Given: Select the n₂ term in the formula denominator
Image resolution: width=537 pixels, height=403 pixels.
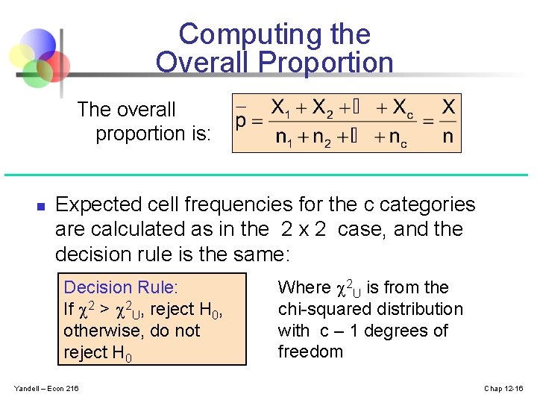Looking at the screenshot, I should tap(321, 139).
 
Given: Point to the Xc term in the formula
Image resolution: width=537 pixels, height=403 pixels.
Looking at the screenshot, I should tap(400, 108).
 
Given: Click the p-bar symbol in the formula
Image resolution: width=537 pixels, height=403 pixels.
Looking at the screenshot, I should tap(241, 122).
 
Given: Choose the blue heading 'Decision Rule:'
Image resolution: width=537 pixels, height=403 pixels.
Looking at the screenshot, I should tap(121, 287).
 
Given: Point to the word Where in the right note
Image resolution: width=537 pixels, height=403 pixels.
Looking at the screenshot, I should tap(304, 287).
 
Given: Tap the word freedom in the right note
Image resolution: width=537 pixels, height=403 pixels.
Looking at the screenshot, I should tap(310, 352).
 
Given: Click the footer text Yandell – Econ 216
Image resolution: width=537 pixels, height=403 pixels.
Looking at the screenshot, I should tap(46, 388).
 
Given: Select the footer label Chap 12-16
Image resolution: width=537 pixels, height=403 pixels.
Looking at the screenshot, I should tap(505, 388).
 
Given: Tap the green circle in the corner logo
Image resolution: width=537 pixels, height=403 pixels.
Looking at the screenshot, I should tap(34, 72).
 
